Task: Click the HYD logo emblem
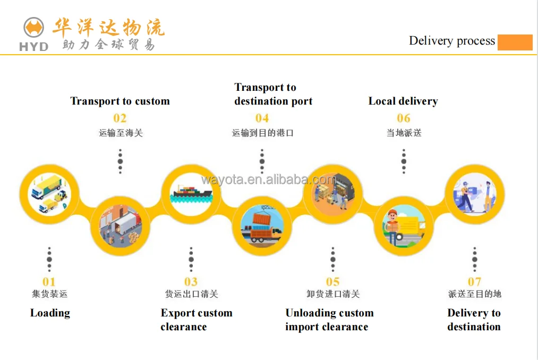click(x=33, y=28)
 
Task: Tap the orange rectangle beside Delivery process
click(x=515, y=42)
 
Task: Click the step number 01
click(x=49, y=282)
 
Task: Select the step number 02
click(x=120, y=118)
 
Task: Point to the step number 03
click(x=191, y=282)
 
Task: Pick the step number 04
click(x=262, y=118)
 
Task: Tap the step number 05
click(x=332, y=282)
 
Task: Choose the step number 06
click(x=404, y=118)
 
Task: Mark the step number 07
click(x=474, y=282)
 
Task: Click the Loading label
click(x=50, y=313)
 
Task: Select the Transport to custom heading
click(x=120, y=101)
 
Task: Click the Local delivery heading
click(x=403, y=101)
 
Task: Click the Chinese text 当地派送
click(x=404, y=133)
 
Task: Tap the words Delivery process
click(x=452, y=41)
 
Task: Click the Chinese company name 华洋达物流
click(x=108, y=27)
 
